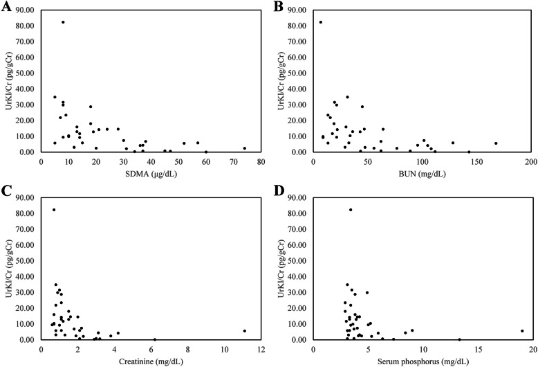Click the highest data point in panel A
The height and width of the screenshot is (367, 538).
pos(63,22)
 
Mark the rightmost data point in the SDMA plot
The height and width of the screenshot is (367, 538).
pos(245,148)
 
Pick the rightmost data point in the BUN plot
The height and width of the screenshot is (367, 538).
pos(496,143)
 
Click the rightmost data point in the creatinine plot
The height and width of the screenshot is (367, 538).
pos(244,331)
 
